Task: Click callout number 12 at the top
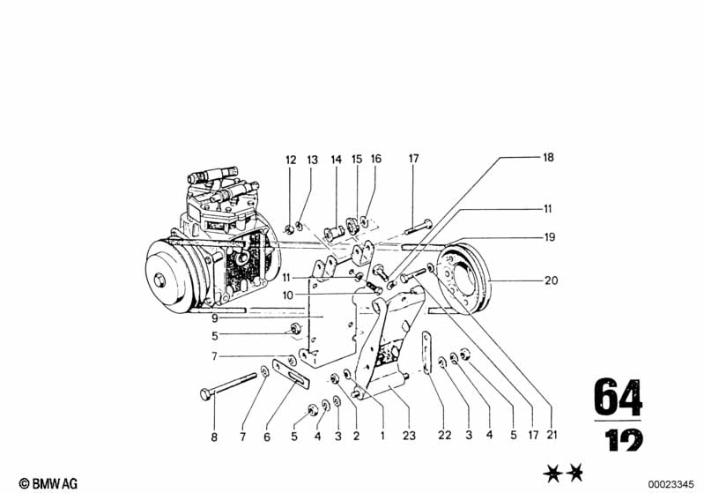pyautogui.click(x=292, y=160)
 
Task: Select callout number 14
pyautogui.click(x=336, y=160)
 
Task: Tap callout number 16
pyautogui.click(x=376, y=160)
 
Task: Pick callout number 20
pyautogui.click(x=552, y=281)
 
